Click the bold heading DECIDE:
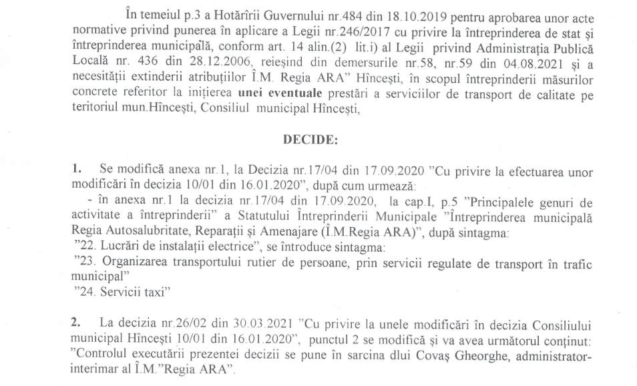click(x=311, y=140)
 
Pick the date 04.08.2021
click(x=511, y=65)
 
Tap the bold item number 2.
click(x=75, y=323)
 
